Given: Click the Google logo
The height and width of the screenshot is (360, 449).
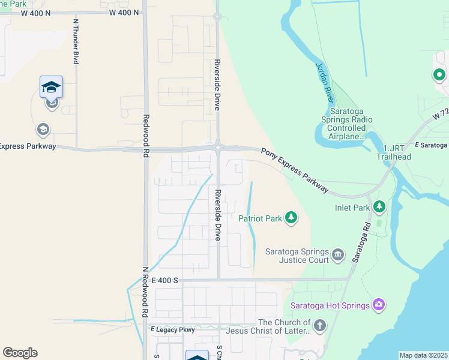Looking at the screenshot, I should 20,353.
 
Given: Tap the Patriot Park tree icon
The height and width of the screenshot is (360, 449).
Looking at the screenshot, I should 291,217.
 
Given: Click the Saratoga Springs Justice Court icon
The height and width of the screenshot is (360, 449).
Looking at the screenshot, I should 337,255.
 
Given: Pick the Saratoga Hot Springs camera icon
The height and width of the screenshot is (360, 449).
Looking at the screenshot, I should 378,305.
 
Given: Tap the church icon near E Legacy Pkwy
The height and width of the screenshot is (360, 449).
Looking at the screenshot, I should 320,326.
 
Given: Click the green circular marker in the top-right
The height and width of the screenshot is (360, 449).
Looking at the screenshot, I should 439,75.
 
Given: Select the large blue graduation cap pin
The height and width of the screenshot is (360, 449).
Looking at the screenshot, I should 52,88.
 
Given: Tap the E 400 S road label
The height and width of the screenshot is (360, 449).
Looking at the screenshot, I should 165,280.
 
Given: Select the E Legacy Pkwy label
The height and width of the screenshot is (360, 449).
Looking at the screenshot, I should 173,329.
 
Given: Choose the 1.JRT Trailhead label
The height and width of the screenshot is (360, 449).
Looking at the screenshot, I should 393,152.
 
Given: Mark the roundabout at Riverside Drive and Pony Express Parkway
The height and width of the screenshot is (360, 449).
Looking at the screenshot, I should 218,146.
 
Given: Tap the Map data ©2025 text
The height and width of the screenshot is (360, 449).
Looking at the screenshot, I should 423,355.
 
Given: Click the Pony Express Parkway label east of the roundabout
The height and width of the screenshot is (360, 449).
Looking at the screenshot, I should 295,170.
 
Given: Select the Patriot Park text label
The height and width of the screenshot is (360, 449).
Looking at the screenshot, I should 260,218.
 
